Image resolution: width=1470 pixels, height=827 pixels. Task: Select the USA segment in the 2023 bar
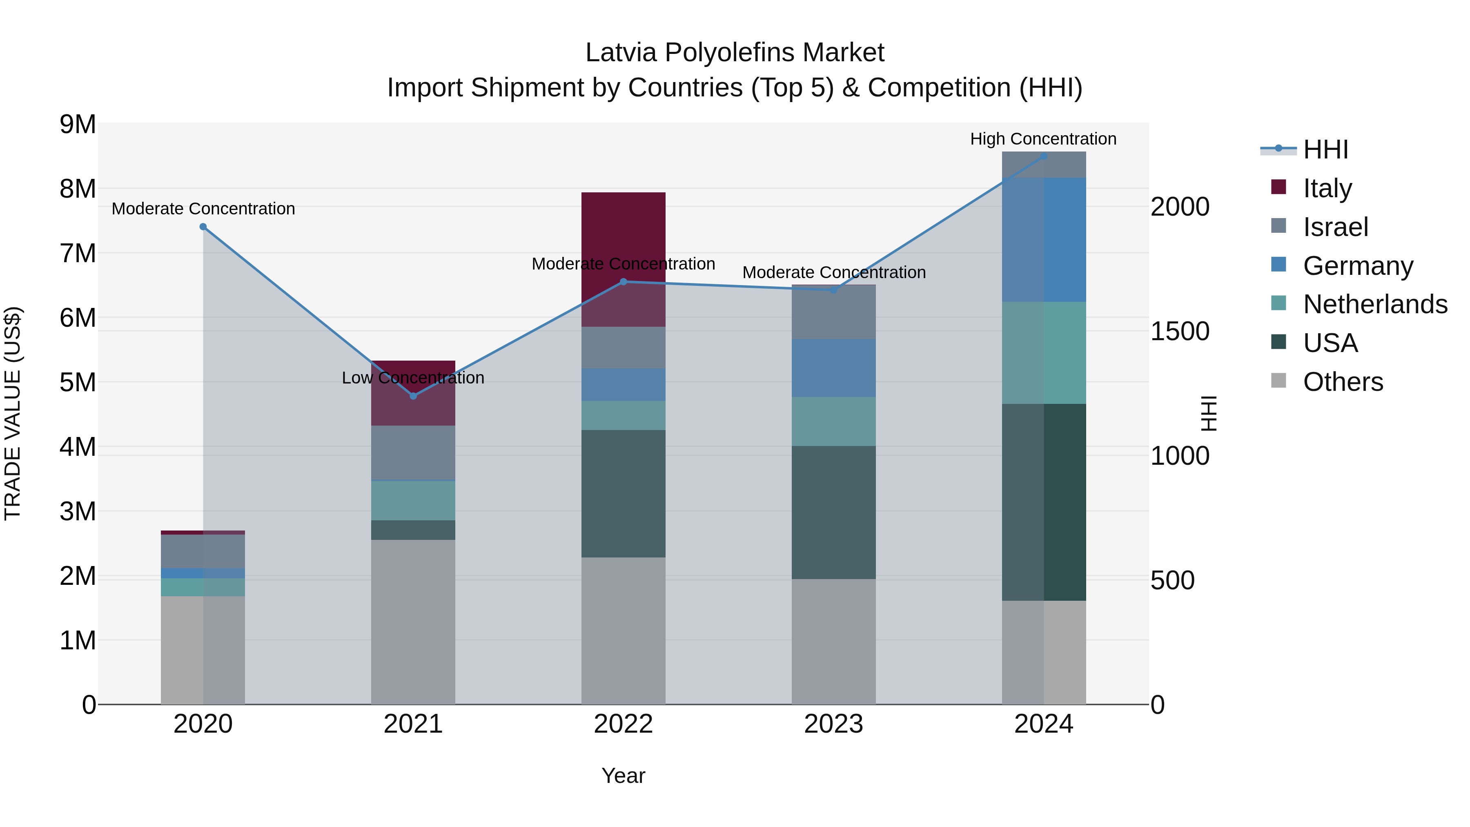(833, 512)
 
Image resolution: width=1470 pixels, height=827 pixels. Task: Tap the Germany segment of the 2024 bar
(1044, 239)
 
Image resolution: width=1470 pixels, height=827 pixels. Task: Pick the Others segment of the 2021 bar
(413, 622)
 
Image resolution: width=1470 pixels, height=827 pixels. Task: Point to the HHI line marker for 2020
(203, 227)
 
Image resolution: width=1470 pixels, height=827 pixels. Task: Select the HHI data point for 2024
(1044, 156)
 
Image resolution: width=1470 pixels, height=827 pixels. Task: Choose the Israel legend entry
(1335, 227)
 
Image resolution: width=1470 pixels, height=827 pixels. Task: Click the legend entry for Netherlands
(1375, 304)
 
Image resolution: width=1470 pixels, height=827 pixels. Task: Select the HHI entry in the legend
(1325, 149)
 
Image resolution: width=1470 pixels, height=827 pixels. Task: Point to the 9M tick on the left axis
(78, 125)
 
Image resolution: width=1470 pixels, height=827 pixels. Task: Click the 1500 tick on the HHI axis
(1179, 332)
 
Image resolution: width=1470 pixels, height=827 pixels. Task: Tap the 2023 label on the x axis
(833, 724)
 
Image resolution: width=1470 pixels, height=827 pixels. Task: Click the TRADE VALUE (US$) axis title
(13, 413)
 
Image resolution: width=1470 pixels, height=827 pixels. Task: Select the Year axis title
(623, 776)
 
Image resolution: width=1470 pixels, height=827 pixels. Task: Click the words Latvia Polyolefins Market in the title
(735, 53)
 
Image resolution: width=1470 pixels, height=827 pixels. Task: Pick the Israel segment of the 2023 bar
(833, 312)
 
